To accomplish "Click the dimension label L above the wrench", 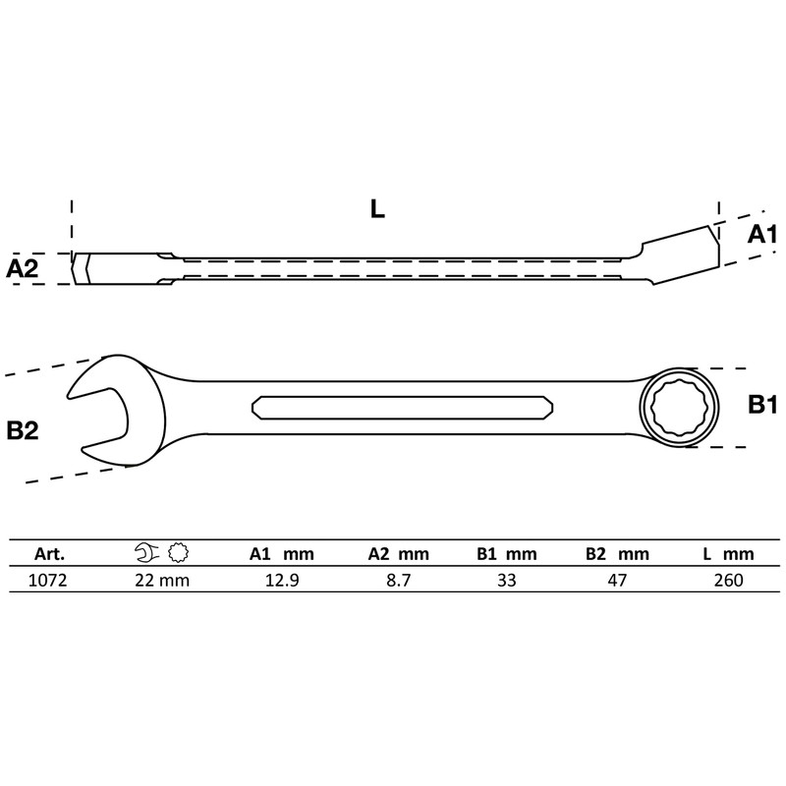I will coord(378,208).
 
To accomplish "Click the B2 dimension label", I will coord(23,429).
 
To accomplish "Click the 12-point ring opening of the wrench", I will coord(678,408).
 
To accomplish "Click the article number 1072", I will coord(49,580).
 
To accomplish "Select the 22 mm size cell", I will coord(162,580).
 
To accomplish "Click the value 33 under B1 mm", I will coord(506,580).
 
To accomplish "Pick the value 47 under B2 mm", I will coord(617,580).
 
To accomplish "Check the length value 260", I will coord(729,580).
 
